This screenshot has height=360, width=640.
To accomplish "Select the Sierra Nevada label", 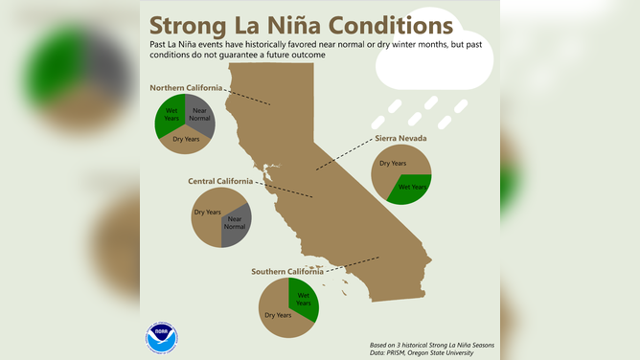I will [x=400, y=138].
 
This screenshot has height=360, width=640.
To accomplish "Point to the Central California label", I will [x=220, y=180].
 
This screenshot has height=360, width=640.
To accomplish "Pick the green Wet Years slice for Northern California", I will [x=171, y=113].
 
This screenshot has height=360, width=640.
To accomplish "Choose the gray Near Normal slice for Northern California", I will [x=200, y=113].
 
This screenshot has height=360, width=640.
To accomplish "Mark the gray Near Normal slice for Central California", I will [x=235, y=223].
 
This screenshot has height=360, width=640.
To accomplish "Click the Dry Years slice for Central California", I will [x=210, y=213].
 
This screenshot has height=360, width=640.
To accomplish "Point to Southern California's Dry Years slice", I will [x=278, y=314].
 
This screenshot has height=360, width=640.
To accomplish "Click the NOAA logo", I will [x=162, y=338].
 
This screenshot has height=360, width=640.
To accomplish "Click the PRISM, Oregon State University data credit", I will [x=422, y=353].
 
